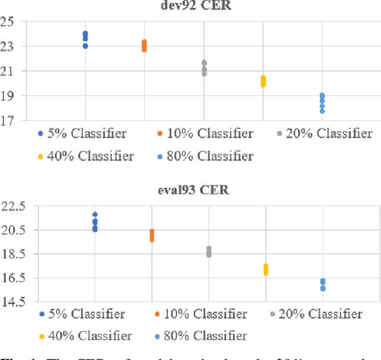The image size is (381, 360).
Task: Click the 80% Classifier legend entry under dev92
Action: pos(204,157)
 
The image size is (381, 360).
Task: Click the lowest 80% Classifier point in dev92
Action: pos(322,111)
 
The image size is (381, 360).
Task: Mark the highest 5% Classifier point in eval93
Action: pos(95,215)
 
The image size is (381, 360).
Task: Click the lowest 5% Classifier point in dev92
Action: pos(85,46)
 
